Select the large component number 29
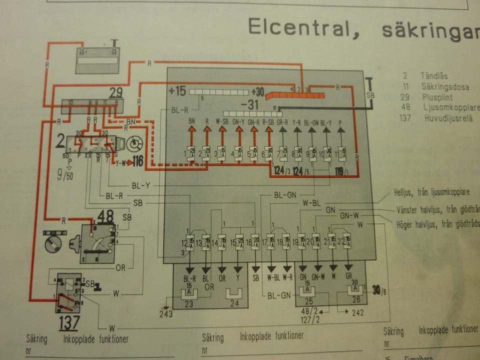tap(115, 92)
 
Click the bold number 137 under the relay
tap(68, 323)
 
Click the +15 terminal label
tap(177, 91)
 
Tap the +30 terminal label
tap(258, 92)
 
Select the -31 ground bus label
tap(250, 105)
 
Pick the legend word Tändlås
tap(434, 76)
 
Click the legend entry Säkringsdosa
tap(442, 87)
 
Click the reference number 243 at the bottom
tap(166, 313)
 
